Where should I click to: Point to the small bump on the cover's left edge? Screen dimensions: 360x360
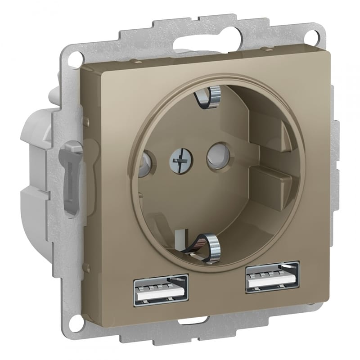(x=84, y=120)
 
